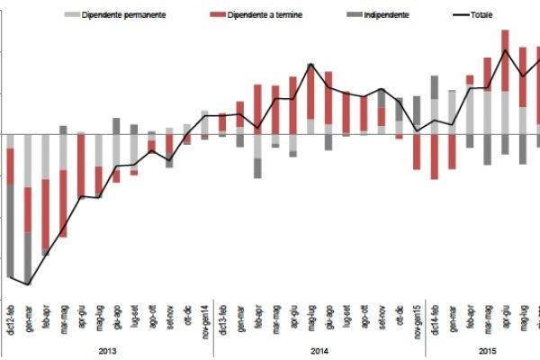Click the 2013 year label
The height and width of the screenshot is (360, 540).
tap(106, 350)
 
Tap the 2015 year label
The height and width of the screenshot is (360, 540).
tap(486, 350)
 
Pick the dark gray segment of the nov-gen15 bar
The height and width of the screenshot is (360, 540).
tap(417, 114)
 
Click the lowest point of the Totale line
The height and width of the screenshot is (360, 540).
tap(29, 284)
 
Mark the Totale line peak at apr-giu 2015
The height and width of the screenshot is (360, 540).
tap(505, 50)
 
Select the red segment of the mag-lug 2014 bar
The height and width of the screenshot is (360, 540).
tap(310, 92)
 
